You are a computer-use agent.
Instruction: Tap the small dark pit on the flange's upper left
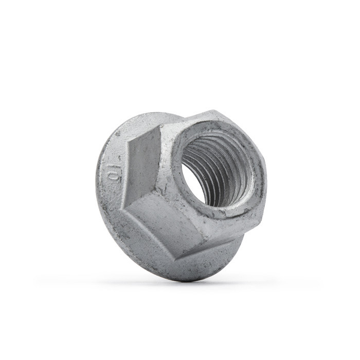[x=118, y=133]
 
